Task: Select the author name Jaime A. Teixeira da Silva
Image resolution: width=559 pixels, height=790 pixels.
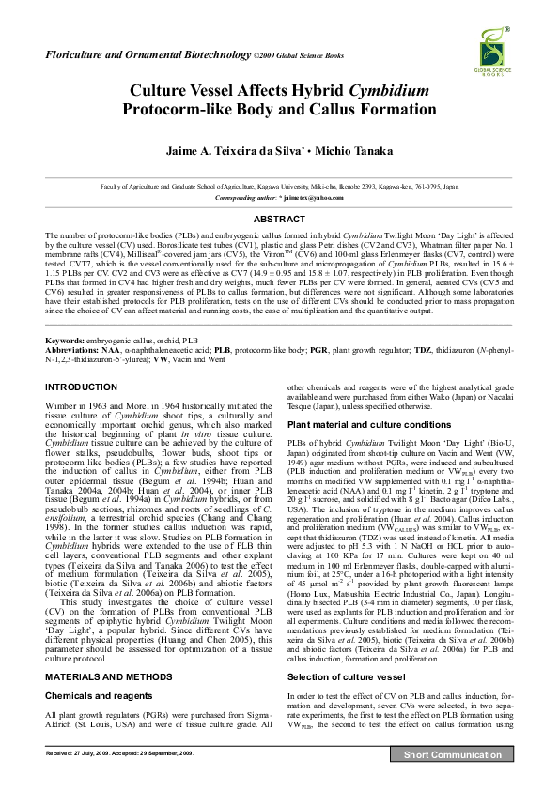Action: pyautogui.click(x=239, y=151)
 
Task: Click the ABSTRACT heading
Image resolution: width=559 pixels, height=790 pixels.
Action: pyautogui.click(x=279, y=219)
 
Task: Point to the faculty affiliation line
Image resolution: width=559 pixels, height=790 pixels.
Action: pyautogui.click(x=279, y=188)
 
